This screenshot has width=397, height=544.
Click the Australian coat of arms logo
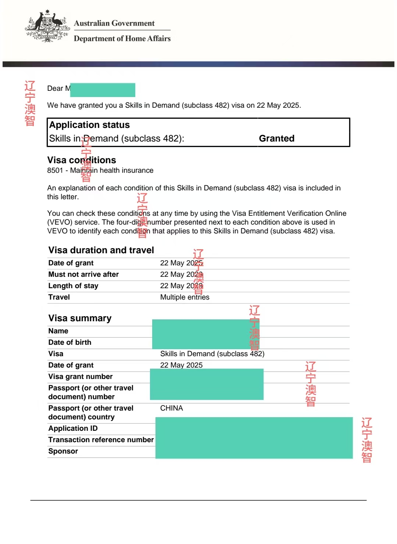47,26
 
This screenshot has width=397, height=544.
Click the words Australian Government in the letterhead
114,23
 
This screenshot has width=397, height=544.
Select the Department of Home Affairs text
122,39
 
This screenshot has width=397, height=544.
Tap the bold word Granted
276,138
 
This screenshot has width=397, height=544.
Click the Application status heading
89,125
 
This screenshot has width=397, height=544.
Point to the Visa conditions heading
82,160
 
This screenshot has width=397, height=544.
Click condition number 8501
55,170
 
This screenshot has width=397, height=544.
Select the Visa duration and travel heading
101,250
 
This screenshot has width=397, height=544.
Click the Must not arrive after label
83,274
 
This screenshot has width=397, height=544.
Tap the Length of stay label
73,286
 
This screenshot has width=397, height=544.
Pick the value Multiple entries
185,297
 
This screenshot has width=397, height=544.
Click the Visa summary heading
80,318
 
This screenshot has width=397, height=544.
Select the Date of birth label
70,342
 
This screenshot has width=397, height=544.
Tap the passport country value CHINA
171,408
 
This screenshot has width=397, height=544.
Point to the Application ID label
73,428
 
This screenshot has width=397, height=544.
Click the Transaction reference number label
101,440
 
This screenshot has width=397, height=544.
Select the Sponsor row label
63,451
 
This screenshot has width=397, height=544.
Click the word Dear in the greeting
55,88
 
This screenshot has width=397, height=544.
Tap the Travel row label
59,297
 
